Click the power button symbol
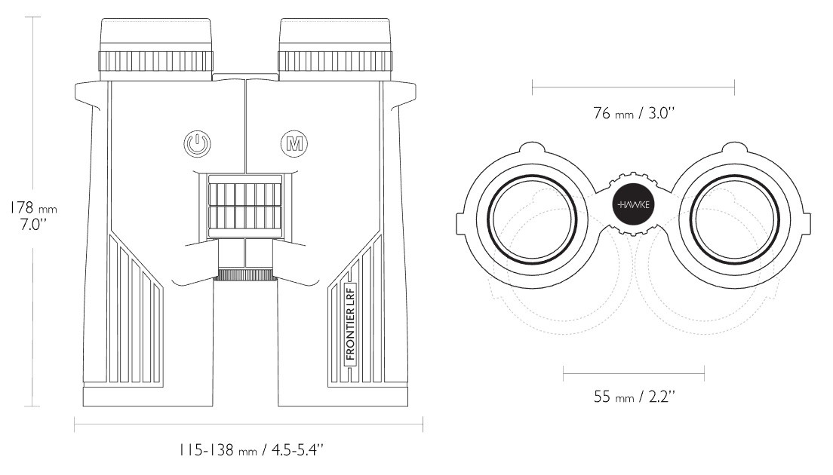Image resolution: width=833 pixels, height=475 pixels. tap(197, 144)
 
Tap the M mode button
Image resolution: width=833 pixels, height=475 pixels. tap(294, 144)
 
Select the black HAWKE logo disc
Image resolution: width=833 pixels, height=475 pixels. tap(634, 204)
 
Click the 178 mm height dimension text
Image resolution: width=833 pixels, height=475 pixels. tap(33, 207)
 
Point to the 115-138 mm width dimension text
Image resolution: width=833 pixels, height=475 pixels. tap(251, 451)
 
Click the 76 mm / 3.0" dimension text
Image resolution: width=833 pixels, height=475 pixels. tap(634, 113)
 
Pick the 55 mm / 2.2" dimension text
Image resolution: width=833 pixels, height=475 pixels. tap(635, 397)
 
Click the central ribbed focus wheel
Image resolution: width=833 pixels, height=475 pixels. tap(245, 205)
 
